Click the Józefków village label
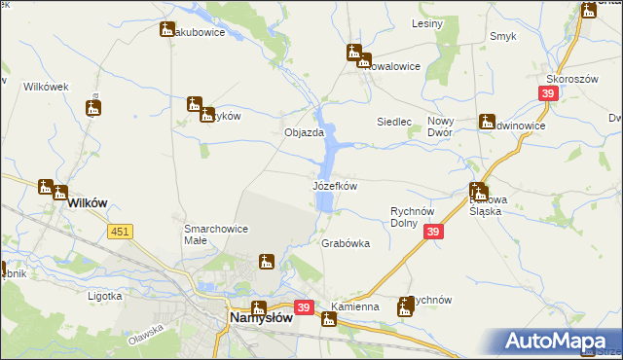[x=334, y=185]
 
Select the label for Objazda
[x=303, y=132]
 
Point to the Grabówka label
[x=346, y=244]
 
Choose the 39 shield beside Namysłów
[x=304, y=307]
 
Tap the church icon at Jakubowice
[x=167, y=30]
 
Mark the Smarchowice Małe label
[x=216, y=235]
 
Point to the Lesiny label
[x=427, y=23]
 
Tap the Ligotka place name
[x=104, y=295]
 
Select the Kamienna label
[x=354, y=307]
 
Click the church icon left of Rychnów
[x=404, y=308]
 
